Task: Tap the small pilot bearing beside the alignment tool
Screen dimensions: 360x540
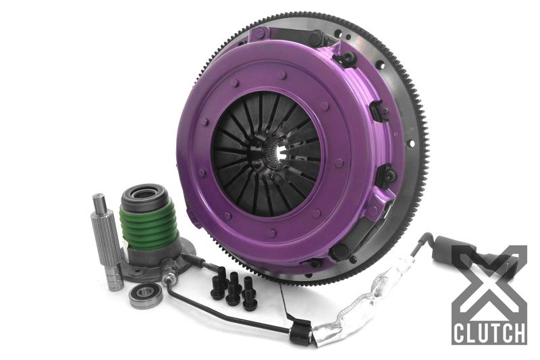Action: pos(146,295)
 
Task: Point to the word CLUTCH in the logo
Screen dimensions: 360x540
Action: pos(489,333)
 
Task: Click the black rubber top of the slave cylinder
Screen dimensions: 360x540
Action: pos(144,194)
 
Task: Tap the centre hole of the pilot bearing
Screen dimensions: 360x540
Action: pos(146,295)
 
